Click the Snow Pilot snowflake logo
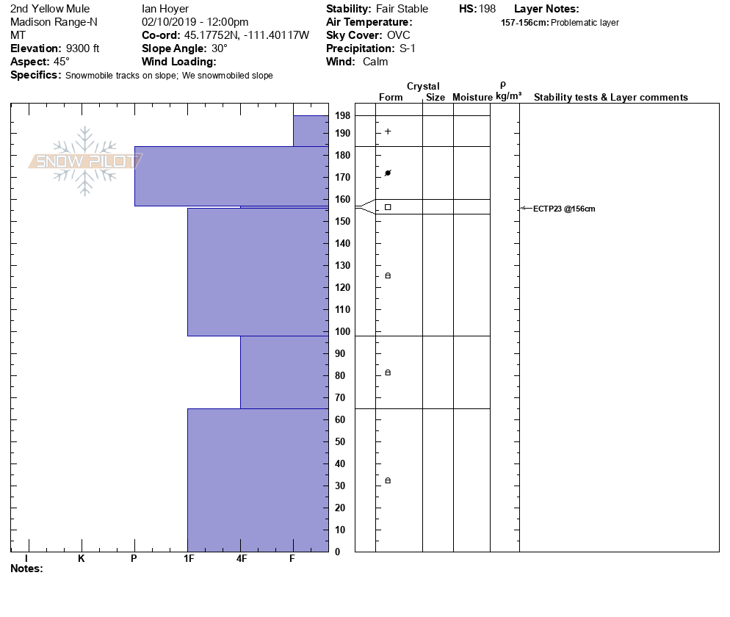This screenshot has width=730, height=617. pos(85,161)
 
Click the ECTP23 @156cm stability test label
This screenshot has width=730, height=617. pos(564,209)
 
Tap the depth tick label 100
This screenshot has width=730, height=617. pos(342,332)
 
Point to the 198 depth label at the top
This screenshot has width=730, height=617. pos(342,116)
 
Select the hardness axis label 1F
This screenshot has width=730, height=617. pos(188,559)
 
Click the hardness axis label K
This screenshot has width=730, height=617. pos(81,559)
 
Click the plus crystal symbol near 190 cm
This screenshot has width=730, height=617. pos(388,131)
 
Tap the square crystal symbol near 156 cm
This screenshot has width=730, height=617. pos(388,207)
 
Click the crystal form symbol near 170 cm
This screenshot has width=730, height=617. pos(388,173)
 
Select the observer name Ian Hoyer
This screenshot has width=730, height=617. pos(165,9)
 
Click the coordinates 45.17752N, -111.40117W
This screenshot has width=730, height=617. pos(247,35)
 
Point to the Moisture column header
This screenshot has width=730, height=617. pos(472,98)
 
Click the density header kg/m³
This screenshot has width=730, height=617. pos(508,97)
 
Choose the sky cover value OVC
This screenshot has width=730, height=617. pos(399,35)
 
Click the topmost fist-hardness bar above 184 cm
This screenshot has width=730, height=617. pos(311,131)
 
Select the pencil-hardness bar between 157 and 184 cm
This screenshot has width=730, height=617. pos(231,176)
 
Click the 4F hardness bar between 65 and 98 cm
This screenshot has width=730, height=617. pos(283,372)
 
